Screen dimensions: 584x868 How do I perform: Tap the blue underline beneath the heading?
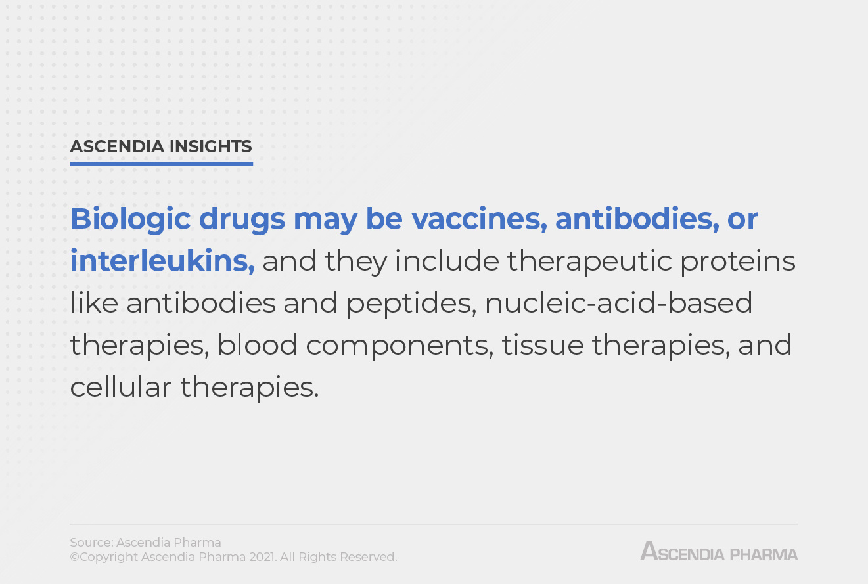coord(161,164)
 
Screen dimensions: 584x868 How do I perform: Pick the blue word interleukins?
coord(162,261)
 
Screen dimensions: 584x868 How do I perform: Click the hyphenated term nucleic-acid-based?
coord(619,303)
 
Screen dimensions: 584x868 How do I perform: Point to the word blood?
coord(258,346)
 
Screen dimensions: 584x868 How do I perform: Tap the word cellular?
coord(120,388)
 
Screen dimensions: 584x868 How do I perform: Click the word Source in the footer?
coord(91,543)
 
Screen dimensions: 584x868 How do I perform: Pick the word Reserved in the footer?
coord(369,557)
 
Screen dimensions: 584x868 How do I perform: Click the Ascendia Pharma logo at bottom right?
coord(719,552)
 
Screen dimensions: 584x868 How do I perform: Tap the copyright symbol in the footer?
coord(74,557)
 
